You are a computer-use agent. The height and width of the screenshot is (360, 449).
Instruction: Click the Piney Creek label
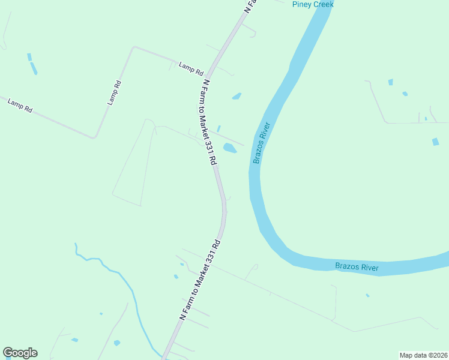(312, 4)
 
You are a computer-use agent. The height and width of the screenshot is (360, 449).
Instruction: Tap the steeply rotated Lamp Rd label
(115, 93)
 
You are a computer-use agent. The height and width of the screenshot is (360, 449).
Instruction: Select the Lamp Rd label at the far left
(20, 105)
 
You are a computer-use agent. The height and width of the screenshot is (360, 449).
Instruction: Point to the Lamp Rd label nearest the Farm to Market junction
(191, 68)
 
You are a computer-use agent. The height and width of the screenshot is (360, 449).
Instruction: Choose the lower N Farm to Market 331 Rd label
(200, 279)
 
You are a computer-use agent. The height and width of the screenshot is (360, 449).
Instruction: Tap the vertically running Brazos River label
(262, 143)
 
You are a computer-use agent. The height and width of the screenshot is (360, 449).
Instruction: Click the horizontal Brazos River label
(357, 266)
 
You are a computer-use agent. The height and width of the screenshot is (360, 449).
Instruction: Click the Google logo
(20, 353)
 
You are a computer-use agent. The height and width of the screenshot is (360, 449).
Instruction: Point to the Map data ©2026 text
(423, 355)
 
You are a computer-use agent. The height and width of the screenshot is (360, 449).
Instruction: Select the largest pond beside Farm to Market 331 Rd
(230, 148)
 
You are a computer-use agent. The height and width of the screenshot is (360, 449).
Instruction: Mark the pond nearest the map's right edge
(436, 142)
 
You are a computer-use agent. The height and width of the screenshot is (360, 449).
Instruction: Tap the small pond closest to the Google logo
(74, 340)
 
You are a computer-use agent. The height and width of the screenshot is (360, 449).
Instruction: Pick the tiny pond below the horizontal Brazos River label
(367, 295)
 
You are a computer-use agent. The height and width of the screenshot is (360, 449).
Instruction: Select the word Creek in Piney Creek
(322, 4)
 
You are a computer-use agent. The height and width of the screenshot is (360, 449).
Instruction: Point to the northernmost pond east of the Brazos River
(391, 82)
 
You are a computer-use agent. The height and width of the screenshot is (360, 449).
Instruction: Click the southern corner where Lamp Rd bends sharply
(94, 137)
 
